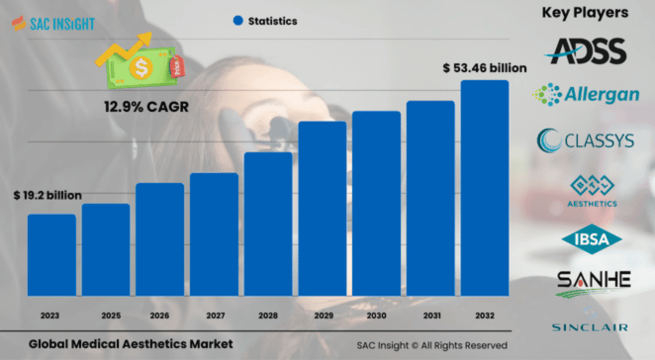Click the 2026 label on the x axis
(159, 315)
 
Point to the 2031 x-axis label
(430, 315)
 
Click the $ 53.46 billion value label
(484, 68)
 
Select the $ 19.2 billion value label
(49, 197)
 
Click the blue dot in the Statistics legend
(237, 20)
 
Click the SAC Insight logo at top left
(53, 21)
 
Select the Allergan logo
(586, 95)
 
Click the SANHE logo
(593, 281)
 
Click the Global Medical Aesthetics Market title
(124, 344)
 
